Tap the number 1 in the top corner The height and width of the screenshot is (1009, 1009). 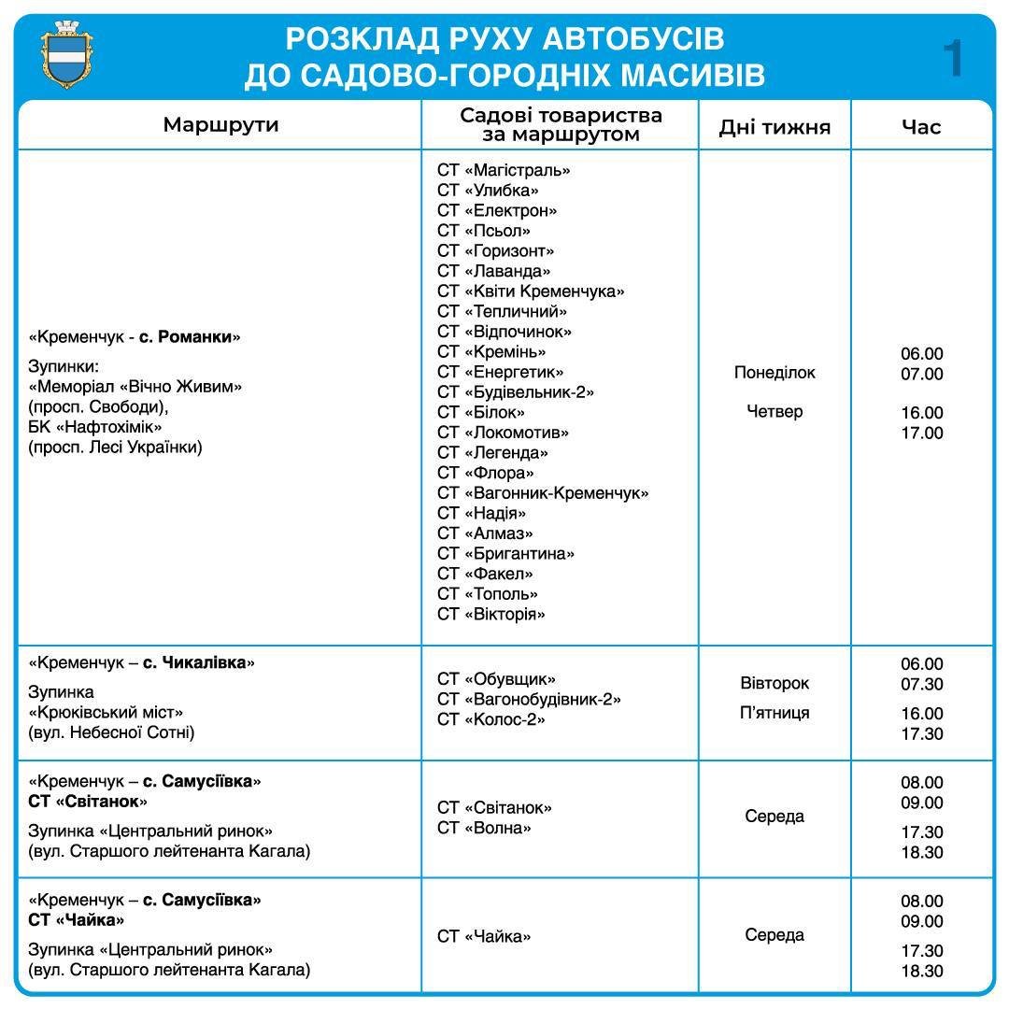click(x=953, y=59)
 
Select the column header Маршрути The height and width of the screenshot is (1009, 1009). click(x=220, y=125)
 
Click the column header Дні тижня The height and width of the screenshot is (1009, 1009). click(x=775, y=127)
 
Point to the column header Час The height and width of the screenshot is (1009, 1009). click(x=921, y=127)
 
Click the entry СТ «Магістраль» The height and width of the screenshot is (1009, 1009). click(x=504, y=170)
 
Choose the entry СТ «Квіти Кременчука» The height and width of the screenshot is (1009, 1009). click(x=531, y=291)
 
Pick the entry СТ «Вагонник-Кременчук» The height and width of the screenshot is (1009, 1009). click(x=543, y=493)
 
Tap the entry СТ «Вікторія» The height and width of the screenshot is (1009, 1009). click(x=491, y=614)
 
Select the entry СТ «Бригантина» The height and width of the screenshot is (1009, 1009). click(x=505, y=554)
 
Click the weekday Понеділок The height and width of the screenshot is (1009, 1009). click(x=775, y=373)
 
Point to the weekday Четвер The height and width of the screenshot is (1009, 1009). click(x=775, y=412)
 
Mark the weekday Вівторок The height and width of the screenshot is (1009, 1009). click(x=775, y=684)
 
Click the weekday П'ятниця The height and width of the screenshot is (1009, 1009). click(x=775, y=714)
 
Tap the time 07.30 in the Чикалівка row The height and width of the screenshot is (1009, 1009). click(x=922, y=685)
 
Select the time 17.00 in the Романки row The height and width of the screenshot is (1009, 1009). click(x=922, y=433)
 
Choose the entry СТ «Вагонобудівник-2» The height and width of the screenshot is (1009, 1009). click(x=529, y=700)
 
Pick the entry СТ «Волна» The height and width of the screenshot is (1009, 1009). click(x=484, y=828)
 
